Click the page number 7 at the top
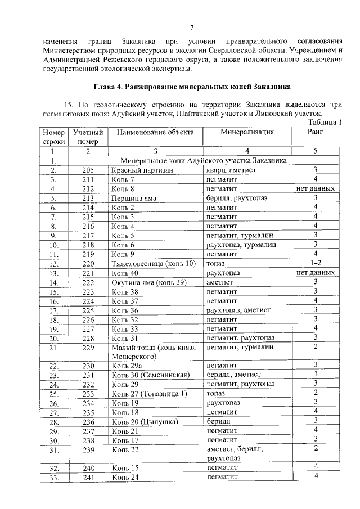coord(192,29)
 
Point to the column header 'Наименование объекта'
coord(156,132)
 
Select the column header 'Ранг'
coord(316,132)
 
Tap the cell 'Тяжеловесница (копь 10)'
coord(153,263)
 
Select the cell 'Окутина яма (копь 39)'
coord(148,282)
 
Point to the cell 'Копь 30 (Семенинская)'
coord(148,375)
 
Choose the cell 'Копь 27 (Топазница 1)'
coord(148,393)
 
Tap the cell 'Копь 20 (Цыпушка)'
coord(145,421)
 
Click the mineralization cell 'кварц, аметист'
coord(231,170)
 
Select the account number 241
coord(88,476)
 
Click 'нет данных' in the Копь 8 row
coord(316,188)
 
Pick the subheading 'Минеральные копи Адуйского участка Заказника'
coord(200,160)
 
